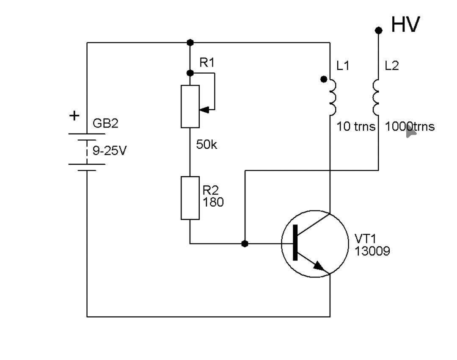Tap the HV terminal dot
(x=379, y=30)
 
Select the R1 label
(x=207, y=62)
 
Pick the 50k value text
(x=206, y=145)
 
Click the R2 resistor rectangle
(x=190, y=198)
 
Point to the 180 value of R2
(x=213, y=202)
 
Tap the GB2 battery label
(x=105, y=123)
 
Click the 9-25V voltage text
(x=110, y=151)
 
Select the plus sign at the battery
(x=74, y=116)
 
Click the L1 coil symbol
(x=333, y=97)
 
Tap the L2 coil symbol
(x=376, y=97)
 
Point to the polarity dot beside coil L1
(x=324, y=79)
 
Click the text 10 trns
(x=356, y=127)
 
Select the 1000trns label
(x=410, y=127)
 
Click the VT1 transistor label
(x=366, y=238)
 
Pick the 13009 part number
(x=372, y=251)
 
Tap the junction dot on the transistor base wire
(x=245, y=244)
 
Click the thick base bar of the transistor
(x=295, y=242)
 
